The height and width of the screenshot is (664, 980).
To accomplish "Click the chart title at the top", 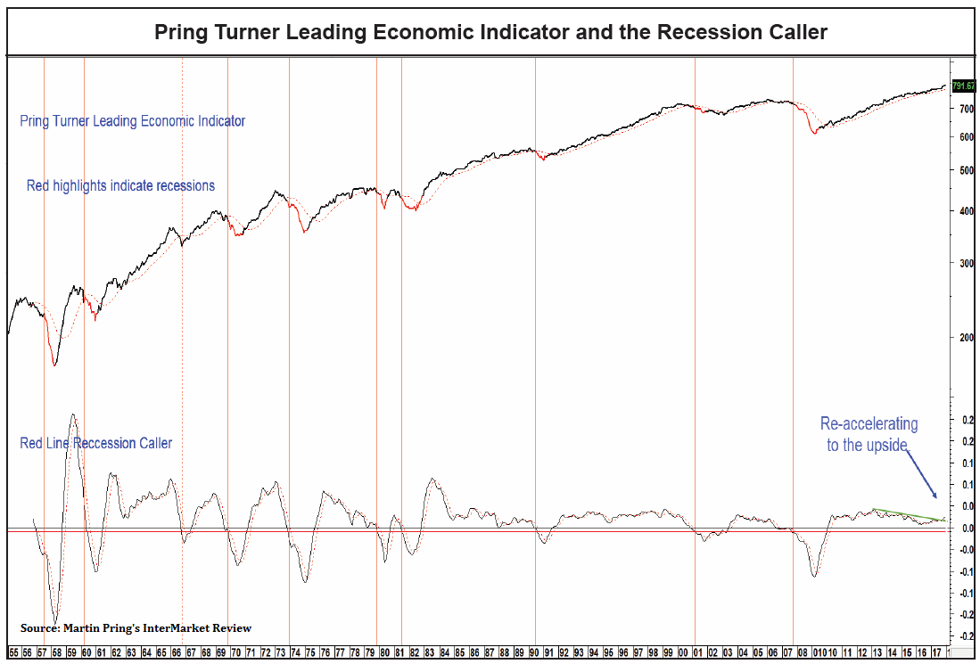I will (x=490, y=33).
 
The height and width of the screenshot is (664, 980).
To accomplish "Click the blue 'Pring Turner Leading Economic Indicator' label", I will (x=132, y=121).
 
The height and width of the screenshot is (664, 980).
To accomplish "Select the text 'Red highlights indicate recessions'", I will (x=120, y=186).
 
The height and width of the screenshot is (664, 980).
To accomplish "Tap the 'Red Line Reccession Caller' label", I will (x=95, y=443).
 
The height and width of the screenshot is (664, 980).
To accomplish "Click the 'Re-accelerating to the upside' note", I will (x=869, y=434).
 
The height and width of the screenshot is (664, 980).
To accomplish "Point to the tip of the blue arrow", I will (x=936, y=498).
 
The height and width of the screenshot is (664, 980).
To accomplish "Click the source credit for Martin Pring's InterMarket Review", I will (x=136, y=628).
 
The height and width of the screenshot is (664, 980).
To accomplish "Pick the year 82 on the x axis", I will (x=414, y=653).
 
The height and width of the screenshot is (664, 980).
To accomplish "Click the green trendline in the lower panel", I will (x=905, y=514).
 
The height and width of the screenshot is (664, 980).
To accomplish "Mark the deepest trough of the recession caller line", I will (x=55, y=623).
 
